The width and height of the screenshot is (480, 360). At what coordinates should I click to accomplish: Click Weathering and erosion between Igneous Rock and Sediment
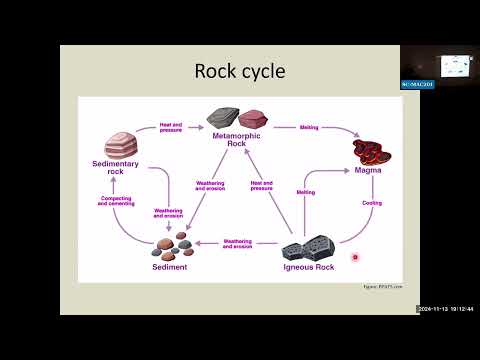click(238, 243)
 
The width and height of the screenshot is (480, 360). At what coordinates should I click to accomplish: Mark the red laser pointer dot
click(354, 257)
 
